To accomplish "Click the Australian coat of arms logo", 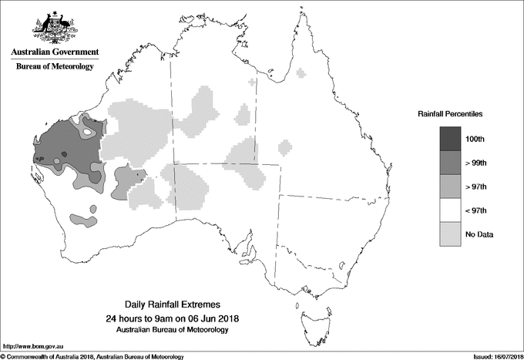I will coord(53,28).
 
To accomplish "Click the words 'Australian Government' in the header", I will coord(55,52).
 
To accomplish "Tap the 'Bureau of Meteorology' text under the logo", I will coord(55,67).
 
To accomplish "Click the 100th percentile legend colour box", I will coord(451,139).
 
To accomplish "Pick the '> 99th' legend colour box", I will coord(451,163).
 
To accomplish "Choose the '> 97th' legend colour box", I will coord(451,187).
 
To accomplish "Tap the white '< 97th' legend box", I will coord(451,210).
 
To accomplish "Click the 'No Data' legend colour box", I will coord(451,234).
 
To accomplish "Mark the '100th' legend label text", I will coord(475,139).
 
